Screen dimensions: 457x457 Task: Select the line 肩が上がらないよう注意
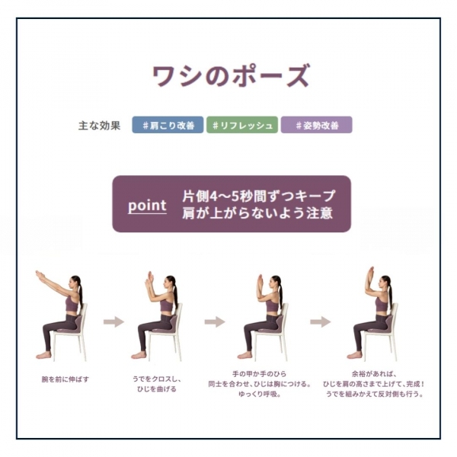[258, 214]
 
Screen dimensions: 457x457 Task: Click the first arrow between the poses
[113, 321]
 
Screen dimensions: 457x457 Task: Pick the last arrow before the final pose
[320, 321]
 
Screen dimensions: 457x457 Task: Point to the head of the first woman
[75, 283]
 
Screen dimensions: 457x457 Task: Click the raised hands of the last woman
[370, 273]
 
